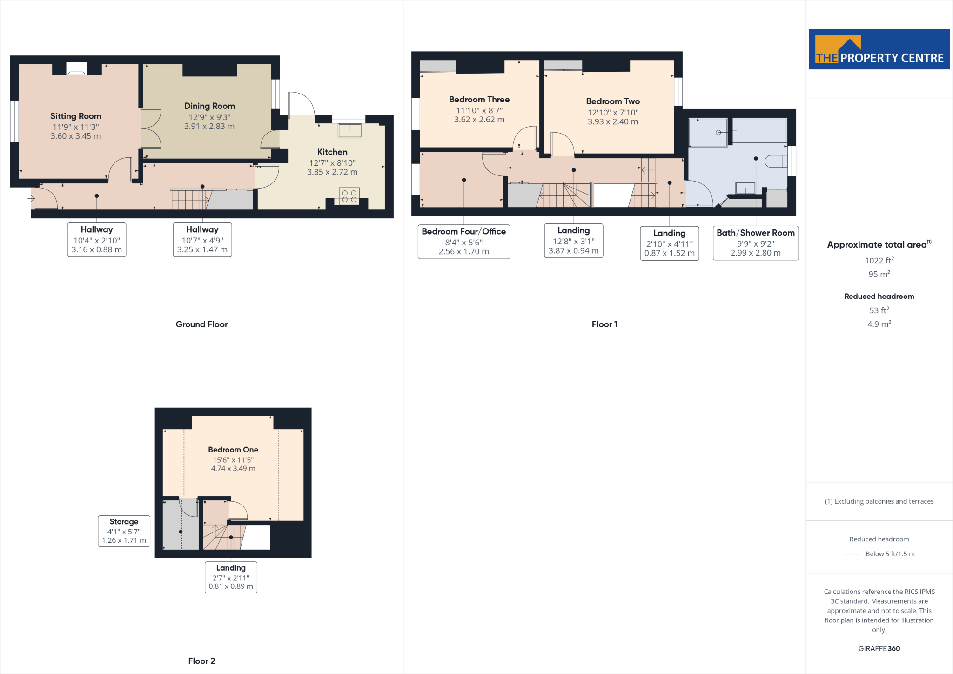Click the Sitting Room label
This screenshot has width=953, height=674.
point(75,116)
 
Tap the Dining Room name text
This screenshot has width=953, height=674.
point(209,106)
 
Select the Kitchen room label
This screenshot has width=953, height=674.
point(332,152)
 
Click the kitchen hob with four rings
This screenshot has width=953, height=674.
point(349,196)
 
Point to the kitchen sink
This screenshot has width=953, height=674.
point(350,130)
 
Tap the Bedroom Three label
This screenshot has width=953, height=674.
point(479,99)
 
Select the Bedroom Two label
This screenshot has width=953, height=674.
point(613,101)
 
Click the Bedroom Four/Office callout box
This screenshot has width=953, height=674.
point(463,241)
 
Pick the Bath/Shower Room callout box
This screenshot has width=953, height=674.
point(755,243)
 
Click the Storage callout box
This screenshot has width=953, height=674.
point(124,531)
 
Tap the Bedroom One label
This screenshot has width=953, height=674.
point(233,450)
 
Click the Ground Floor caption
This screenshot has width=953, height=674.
point(201,324)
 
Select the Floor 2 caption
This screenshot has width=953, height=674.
point(201,661)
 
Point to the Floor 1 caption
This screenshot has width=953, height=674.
point(604,324)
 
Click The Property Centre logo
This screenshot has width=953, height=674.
point(879,49)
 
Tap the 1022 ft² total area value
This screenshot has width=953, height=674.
point(879,261)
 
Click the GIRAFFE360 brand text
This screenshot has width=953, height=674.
point(879,648)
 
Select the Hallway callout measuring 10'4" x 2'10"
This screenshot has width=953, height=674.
point(97,239)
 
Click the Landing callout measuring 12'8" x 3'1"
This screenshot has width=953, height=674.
point(573,240)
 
